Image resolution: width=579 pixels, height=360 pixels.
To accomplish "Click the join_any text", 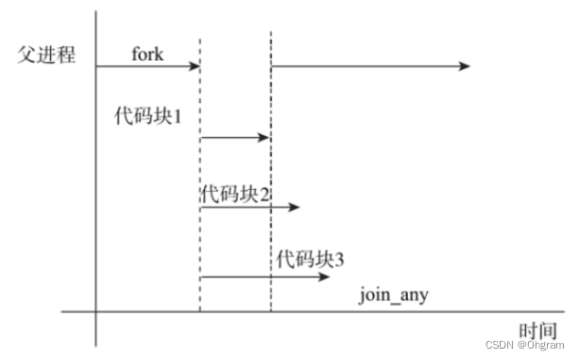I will pyautogui.click(x=394, y=295).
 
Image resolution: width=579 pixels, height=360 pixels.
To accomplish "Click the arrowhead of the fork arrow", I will pyautogui.click(x=195, y=66).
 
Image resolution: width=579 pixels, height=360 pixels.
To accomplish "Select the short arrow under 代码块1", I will pyautogui.click(x=234, y=138).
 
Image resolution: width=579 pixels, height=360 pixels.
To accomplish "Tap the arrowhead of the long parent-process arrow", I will pyautogui.click(x=465, y=66).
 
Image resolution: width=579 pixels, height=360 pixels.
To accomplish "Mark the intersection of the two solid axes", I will pyautogui.click(x=96, y=312).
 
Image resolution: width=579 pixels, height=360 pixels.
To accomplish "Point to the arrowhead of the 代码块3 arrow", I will pyautogui.click(x=325, y=277).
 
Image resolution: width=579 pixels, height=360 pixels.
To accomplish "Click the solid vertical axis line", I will pyautogui.click(x=96, y=189).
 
